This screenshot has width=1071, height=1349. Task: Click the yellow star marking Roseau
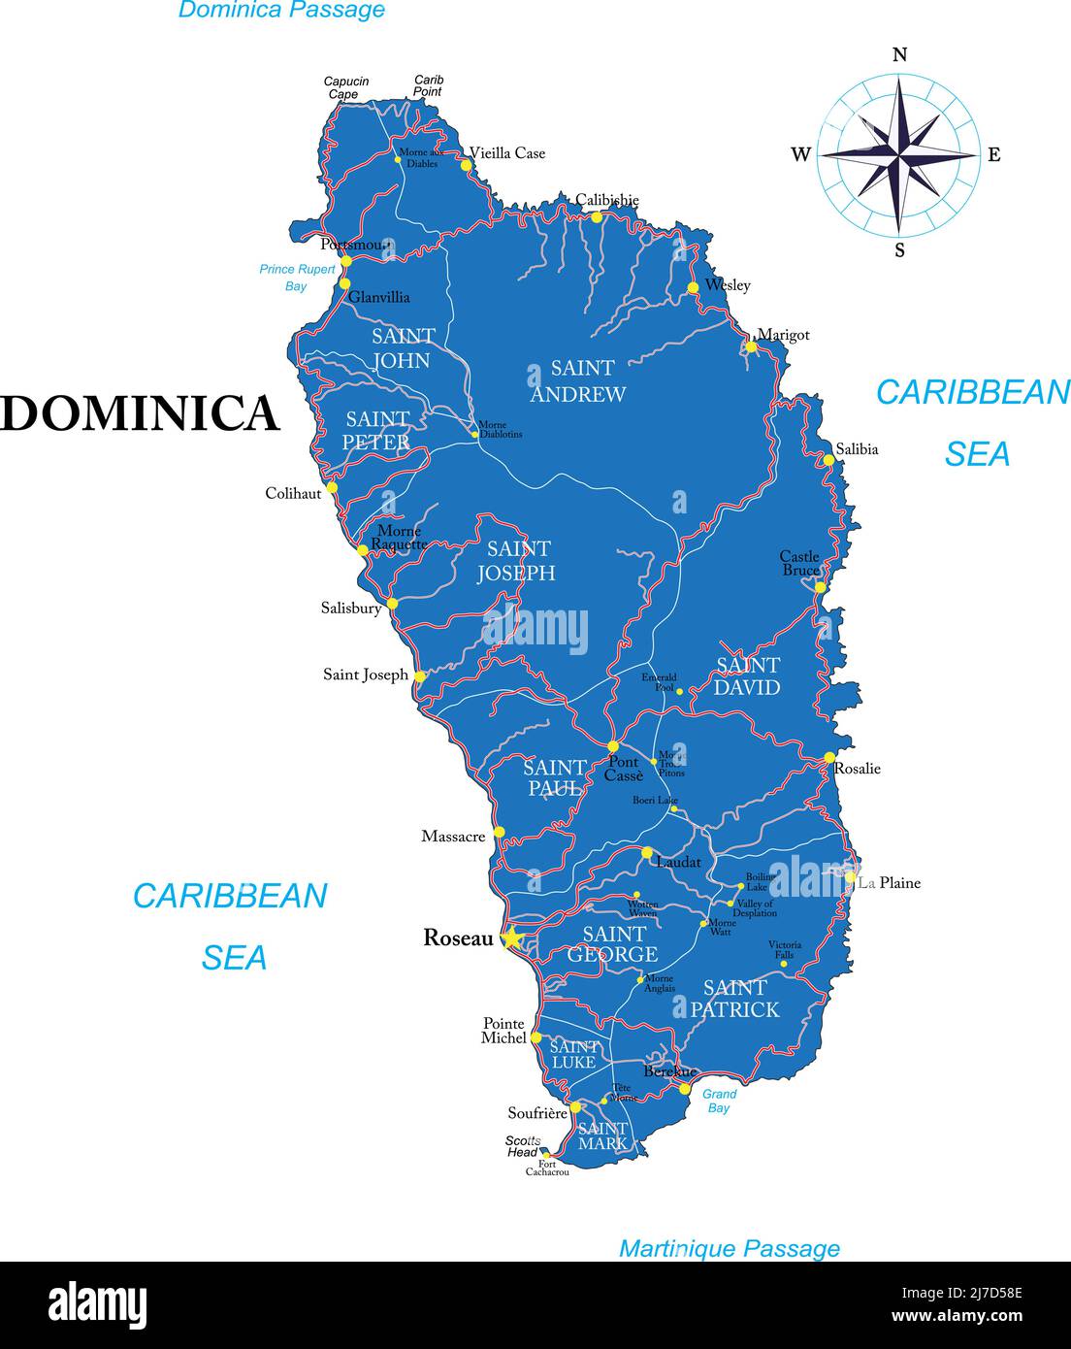511,938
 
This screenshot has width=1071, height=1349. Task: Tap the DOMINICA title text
140,413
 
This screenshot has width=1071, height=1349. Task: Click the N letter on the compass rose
899,55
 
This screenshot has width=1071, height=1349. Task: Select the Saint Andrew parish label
577,381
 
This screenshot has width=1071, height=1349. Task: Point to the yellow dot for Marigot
750,346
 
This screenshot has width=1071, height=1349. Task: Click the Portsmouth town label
354,245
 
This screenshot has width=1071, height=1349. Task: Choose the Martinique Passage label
729,1248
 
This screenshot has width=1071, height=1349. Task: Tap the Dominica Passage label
281,11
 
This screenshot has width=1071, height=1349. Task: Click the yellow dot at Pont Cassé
612,746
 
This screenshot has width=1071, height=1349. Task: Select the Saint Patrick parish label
734,999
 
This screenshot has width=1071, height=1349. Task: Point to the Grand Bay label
719,1101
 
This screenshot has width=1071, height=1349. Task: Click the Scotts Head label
522,1146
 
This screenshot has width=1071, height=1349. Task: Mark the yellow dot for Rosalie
829,757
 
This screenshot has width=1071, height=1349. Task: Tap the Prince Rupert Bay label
297,278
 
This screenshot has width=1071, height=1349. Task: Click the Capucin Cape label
345,87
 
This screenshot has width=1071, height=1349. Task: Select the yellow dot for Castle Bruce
820,587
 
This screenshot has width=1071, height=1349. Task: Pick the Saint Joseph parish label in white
516,561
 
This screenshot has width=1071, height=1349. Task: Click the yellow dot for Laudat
647,852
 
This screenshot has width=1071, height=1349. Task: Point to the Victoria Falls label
785,949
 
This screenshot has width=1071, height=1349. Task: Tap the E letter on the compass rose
993,154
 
